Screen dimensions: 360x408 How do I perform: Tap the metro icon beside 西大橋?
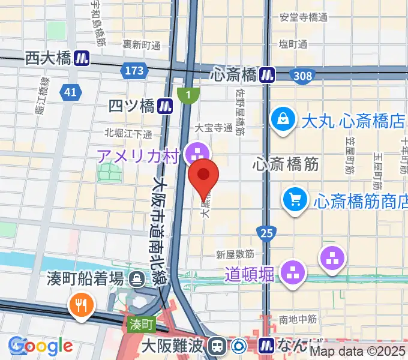tap(82, 58)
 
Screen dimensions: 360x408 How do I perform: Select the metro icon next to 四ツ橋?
tap(166, 106)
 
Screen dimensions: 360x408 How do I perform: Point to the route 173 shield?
tap(134, 71)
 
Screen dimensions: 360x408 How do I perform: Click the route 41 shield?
tap(71, 92)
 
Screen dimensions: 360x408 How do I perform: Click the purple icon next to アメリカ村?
tap(196, 152)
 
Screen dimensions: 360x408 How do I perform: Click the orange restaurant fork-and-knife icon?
tap(80, 305)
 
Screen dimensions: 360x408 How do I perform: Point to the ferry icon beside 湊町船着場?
tap(137, 278)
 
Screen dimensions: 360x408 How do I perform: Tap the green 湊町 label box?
tap(142, 325)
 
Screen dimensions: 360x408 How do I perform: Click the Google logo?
tap(41, 346)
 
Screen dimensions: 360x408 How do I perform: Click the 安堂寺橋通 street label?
tap(304, 17)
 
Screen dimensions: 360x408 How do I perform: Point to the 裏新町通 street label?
tap(142, 45)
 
